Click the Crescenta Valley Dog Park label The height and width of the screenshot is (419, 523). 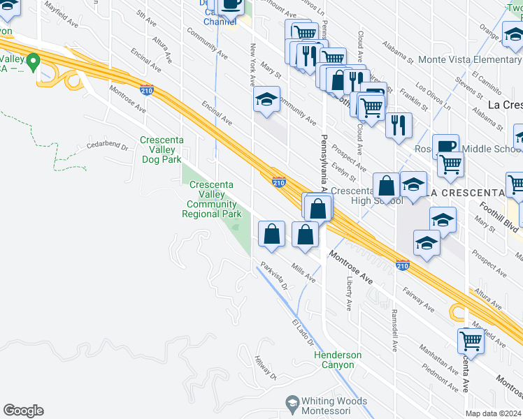pyautogui.click(x=162, y=149)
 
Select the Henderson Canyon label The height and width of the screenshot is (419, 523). pyautogui.click(x=338, y=360)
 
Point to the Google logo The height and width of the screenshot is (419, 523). pyautogui.click(x=23, y=411)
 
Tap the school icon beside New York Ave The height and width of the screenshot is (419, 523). pyautogui.click(x=266, y=99)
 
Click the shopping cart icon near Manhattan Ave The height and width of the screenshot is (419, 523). pyautogui.click(x=471, y=341)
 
